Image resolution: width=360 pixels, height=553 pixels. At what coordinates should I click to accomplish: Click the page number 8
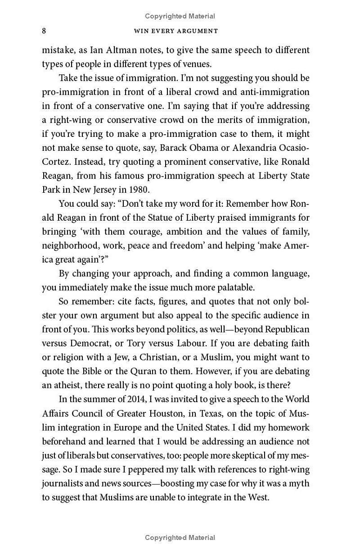click(44, 31)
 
